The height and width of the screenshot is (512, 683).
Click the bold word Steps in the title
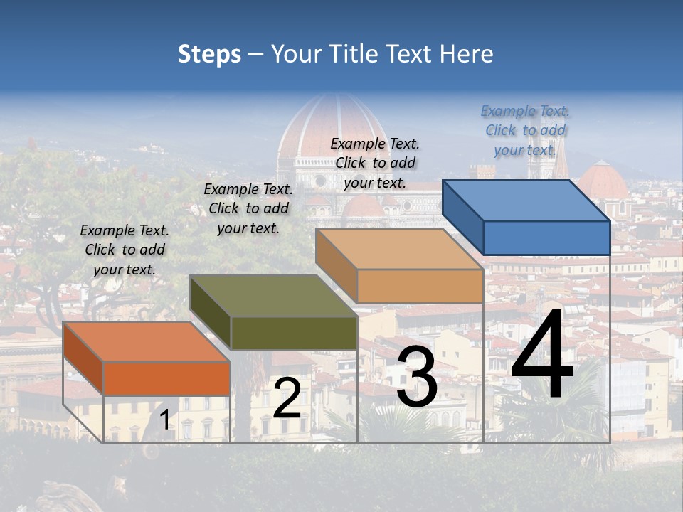[x=209, y=54]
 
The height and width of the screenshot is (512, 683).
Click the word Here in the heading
[x=465, y=54]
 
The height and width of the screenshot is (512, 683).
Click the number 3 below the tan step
[x=417, y=377]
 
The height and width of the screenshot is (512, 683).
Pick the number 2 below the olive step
[x=287, y=398]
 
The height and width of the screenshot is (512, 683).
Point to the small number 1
[x=165, y=420]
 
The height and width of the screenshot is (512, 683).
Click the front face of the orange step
[x=166, y=378]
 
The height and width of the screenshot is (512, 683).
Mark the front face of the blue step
[x=546, y=238]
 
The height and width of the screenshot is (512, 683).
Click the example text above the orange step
[x=125, y=250]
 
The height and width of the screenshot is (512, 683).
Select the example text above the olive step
[x=248, y=208]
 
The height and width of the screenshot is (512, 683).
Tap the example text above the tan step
[x=375, y=163]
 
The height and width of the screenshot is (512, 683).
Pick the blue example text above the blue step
[x=525, y=130]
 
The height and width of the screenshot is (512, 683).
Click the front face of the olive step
[x=294, y=333]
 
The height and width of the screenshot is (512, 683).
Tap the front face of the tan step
[x=420, y=287]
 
